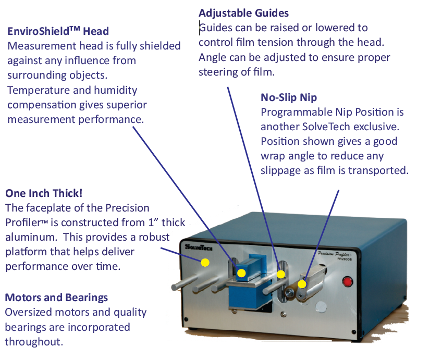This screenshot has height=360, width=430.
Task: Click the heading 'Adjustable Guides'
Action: (x=243, y=13)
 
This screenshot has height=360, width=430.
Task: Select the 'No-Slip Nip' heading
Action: (x=288, y=97)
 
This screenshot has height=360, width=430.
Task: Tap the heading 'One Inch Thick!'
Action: (x=43, y=193)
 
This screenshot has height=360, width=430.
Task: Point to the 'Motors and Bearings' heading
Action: (x=56, y=297)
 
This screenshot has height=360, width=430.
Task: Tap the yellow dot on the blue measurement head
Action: (x=241, y=273)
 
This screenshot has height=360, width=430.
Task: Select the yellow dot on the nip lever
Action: (x=302, y=284)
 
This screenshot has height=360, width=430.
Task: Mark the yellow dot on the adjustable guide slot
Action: (x=281, y=274)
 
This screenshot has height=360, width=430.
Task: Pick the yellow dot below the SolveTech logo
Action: (x=205, y=263)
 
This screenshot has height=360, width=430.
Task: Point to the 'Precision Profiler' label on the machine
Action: (x=338, y=254)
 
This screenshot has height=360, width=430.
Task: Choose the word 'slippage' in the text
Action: (x=282, y=170)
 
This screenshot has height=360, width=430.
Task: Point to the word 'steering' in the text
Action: (x=220, y=72)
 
